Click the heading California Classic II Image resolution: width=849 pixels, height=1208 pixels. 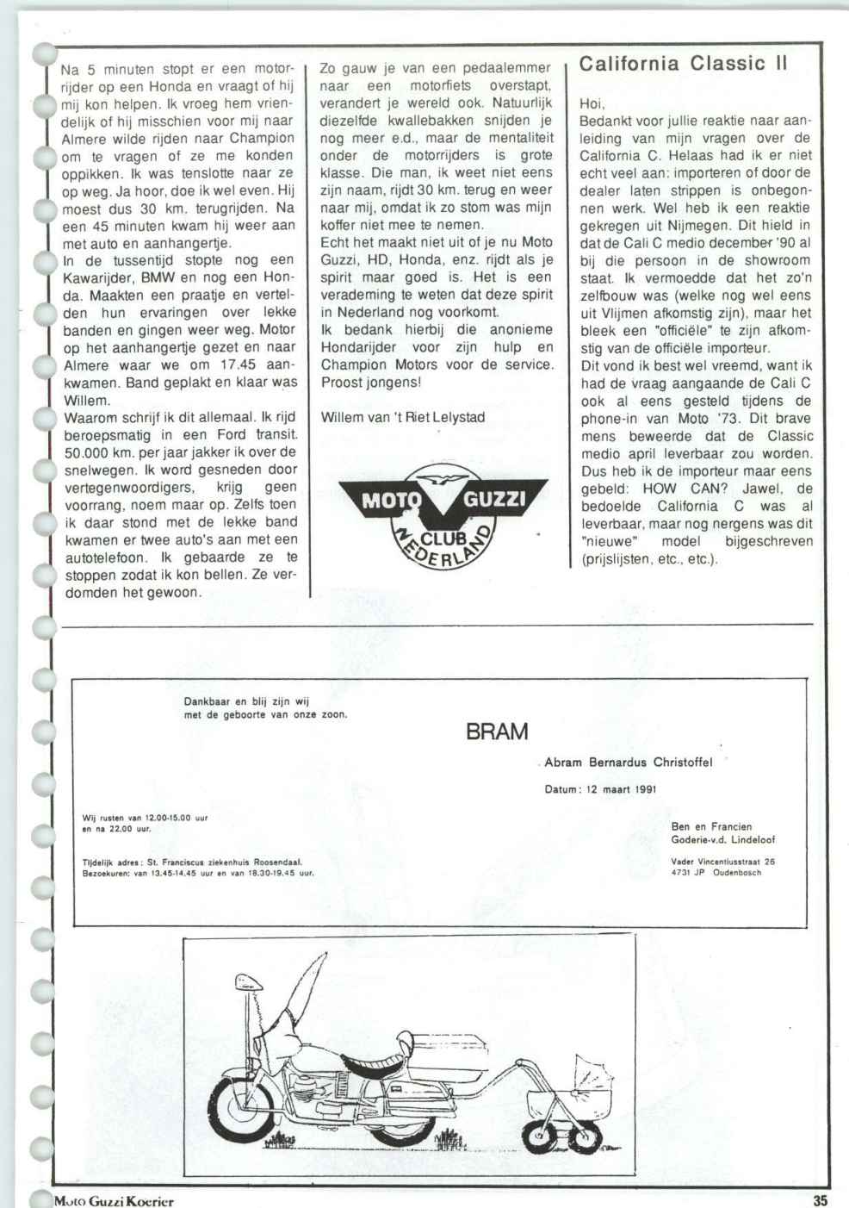click(684, 64)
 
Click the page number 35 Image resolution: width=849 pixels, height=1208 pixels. click(819, 1199)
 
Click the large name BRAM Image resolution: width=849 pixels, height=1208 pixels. click(496, 732)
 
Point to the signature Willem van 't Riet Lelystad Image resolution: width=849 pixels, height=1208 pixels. click(402, 417)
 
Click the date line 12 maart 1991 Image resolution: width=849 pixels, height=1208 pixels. click(601, 788)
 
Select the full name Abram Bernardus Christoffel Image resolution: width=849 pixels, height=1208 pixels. click(629, 762)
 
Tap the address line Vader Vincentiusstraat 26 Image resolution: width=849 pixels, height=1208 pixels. click(722, 860)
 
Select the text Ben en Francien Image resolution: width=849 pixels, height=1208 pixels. click(711, 827)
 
